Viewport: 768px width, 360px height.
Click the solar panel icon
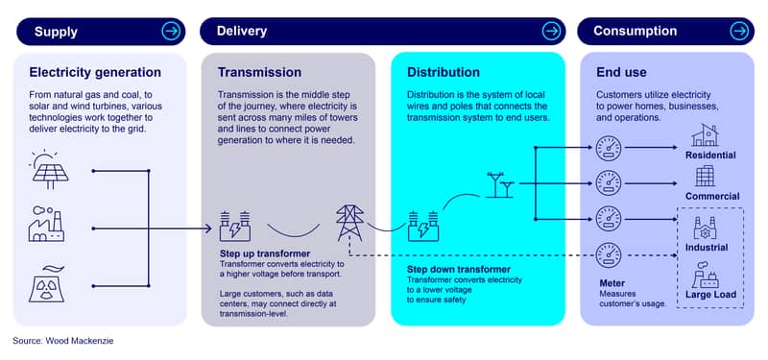49,169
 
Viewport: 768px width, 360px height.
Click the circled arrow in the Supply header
171,32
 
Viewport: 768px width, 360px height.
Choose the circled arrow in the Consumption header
739,32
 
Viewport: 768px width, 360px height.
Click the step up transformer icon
234,227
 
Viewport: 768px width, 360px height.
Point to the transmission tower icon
349,223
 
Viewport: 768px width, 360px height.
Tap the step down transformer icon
423,227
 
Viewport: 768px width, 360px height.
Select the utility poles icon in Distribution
500,184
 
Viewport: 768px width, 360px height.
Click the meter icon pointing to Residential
609,148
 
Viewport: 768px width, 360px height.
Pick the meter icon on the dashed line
609,255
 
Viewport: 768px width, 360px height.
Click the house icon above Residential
705,135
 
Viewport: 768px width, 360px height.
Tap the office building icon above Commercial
706,176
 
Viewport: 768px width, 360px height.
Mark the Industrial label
707,248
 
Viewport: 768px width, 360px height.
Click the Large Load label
710,295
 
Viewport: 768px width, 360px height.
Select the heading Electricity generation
95,73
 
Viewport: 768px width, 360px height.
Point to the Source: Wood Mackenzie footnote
63,341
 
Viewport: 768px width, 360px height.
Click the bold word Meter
612,283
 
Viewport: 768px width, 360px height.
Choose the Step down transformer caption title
459,270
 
